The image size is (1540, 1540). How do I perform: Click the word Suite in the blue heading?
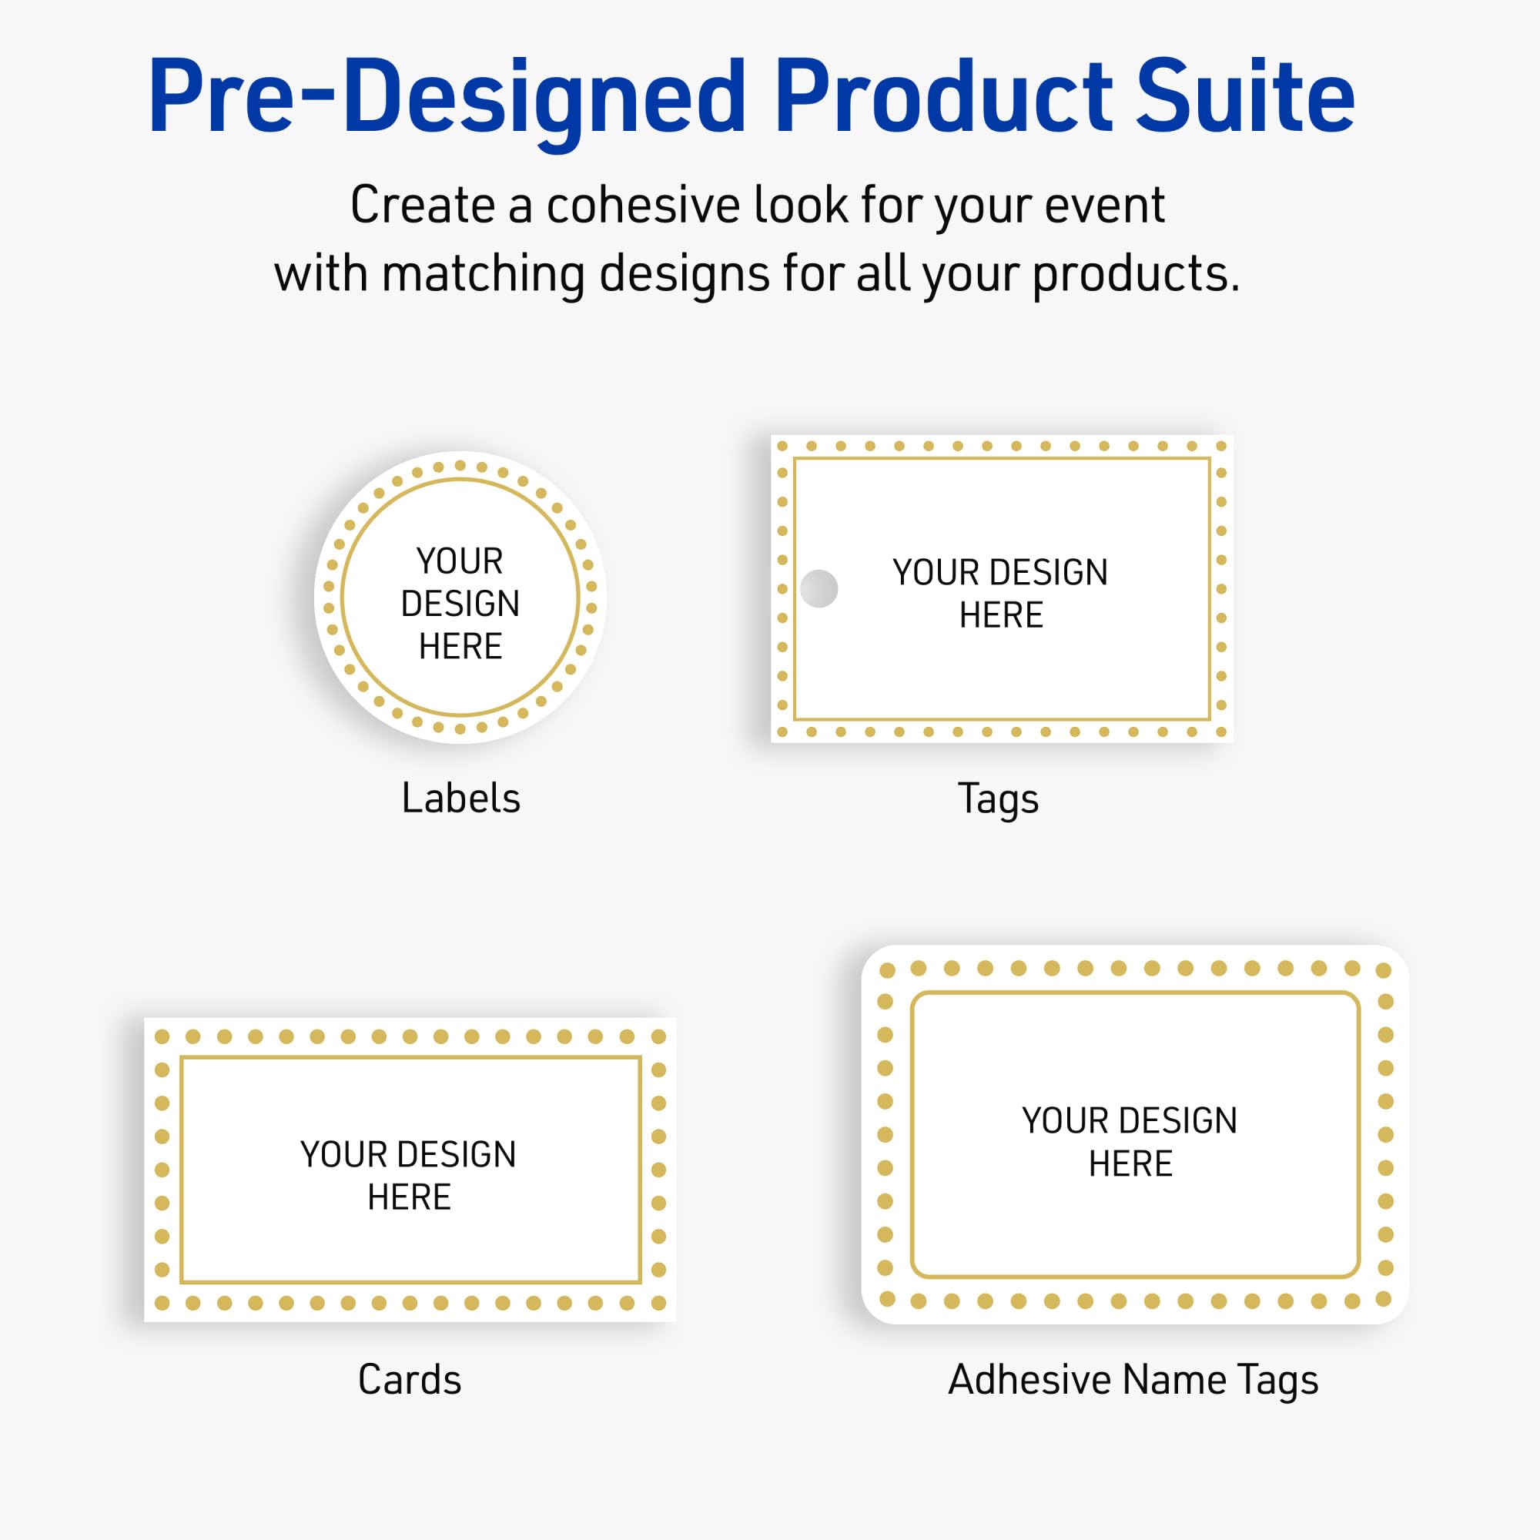tap(1244, 97)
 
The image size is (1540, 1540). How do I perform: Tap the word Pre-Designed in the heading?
tap(447, 97)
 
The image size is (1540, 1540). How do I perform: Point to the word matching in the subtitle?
tap(484, 274)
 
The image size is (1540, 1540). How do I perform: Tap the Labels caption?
tap(460, 798)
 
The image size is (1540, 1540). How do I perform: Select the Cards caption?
tap(410, 1380)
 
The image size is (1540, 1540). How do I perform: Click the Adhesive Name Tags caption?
tap(1133, 1380)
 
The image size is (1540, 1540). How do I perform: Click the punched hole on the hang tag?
tap(819, 588)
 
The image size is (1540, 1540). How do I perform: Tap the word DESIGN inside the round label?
tap(460, 604)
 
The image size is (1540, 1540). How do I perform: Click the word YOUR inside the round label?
tap(460, 561)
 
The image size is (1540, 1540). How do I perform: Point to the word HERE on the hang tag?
tap(1001, 615)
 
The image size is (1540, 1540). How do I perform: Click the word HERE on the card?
tap(409, 1197)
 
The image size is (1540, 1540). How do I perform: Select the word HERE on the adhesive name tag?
tap(1130, 1163)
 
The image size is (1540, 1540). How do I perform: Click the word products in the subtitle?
tap(1135, 274)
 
